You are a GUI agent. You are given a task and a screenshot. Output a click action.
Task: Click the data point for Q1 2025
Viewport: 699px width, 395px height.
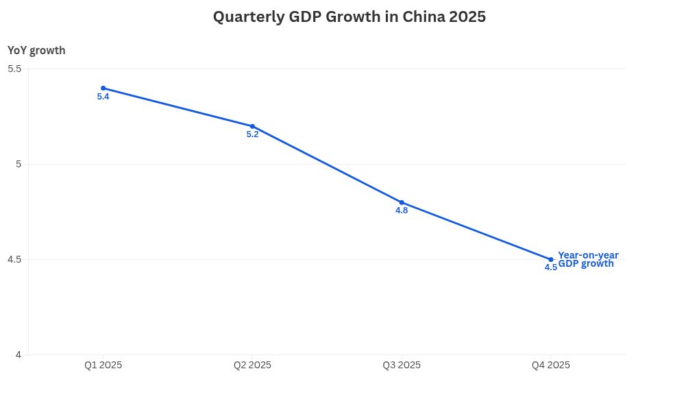[x=103, y=88]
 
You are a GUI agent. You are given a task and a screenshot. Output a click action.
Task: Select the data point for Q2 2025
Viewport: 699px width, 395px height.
[x=252, y=126]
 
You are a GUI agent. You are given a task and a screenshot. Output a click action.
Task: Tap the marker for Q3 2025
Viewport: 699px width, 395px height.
[x=402, y=202]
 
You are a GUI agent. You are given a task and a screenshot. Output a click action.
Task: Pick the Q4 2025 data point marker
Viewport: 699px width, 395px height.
[x=551, y=259]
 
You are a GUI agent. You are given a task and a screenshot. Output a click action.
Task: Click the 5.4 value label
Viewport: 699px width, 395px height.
[x=103, y=97]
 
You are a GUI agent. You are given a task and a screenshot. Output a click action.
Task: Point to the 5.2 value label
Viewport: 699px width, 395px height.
[x=252, y=134]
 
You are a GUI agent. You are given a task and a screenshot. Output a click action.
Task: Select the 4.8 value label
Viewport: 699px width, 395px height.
[x=402, y=211]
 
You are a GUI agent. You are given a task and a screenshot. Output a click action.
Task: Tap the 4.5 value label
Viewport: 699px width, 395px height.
[x=550, y=267]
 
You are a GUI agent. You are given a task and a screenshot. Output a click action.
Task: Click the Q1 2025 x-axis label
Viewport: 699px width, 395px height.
[x=103, y=366]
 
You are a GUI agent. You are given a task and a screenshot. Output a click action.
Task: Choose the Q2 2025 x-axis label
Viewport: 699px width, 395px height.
[x=252, y=366]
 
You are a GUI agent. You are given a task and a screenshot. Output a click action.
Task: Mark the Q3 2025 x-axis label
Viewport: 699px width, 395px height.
[x=402, y=366]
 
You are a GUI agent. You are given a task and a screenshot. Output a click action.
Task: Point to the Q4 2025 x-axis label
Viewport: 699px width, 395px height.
[x=551, y=366]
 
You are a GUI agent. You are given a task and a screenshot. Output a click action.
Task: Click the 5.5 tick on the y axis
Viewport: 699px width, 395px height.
[x=14, y=69]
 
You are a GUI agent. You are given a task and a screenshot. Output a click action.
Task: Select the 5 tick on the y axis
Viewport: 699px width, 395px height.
[x=19, y=164]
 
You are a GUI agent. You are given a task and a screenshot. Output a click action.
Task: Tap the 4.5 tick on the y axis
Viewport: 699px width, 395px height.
[x=14, y=259]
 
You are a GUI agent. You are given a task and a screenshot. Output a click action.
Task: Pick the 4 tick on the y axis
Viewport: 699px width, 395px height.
[x=19, y=355]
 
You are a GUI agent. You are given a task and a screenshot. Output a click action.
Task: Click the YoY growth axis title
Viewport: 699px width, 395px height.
[x=36, y=50]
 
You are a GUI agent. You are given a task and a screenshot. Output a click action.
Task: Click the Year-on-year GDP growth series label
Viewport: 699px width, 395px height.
[x=588, y=259]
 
